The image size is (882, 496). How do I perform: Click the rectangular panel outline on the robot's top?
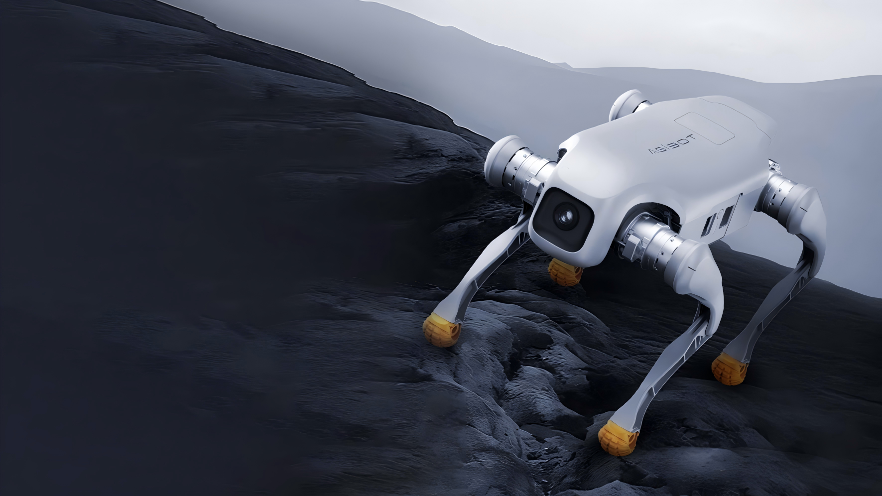[705, 127]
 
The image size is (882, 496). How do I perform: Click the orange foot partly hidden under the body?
[564, 272]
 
